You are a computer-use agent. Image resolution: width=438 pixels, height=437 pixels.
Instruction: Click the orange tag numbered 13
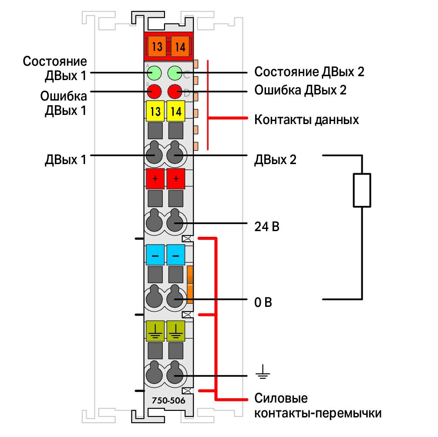coord(157,47)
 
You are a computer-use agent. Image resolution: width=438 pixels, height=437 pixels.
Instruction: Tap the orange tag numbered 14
coord(180,47)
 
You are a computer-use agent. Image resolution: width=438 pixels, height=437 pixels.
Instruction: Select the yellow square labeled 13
coord(155,111)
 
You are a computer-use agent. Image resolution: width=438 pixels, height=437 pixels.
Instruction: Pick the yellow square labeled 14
coord(176,111)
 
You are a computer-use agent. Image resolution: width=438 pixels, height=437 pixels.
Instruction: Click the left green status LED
coord(154,73)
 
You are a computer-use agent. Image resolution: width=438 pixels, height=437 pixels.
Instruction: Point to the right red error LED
coord(175,91)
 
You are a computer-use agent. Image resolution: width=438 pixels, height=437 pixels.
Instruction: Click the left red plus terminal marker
coord(155,178)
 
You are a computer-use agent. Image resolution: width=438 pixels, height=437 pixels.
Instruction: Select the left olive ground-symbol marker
coord(155,331)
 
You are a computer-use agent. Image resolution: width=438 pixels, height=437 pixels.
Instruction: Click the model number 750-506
coord(168,400)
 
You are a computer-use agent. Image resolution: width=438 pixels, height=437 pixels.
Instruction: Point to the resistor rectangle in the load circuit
coord(362,190)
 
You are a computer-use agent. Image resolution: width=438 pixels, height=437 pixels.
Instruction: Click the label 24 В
coord(267,226)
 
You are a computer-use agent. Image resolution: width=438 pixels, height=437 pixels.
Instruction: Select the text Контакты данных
coord(307,120)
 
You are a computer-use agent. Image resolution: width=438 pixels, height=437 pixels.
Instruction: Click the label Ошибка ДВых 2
coord(300,90)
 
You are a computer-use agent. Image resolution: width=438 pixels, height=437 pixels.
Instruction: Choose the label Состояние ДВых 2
coord(309,72)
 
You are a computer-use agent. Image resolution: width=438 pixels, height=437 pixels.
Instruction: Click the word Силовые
coord(281,398)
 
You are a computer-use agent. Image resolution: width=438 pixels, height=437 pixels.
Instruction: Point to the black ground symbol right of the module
coord(263,372)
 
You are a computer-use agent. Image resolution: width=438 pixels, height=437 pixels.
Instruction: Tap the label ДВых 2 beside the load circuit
coord(275,160)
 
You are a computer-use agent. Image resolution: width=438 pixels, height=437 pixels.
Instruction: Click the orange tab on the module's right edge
coord(190,285)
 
